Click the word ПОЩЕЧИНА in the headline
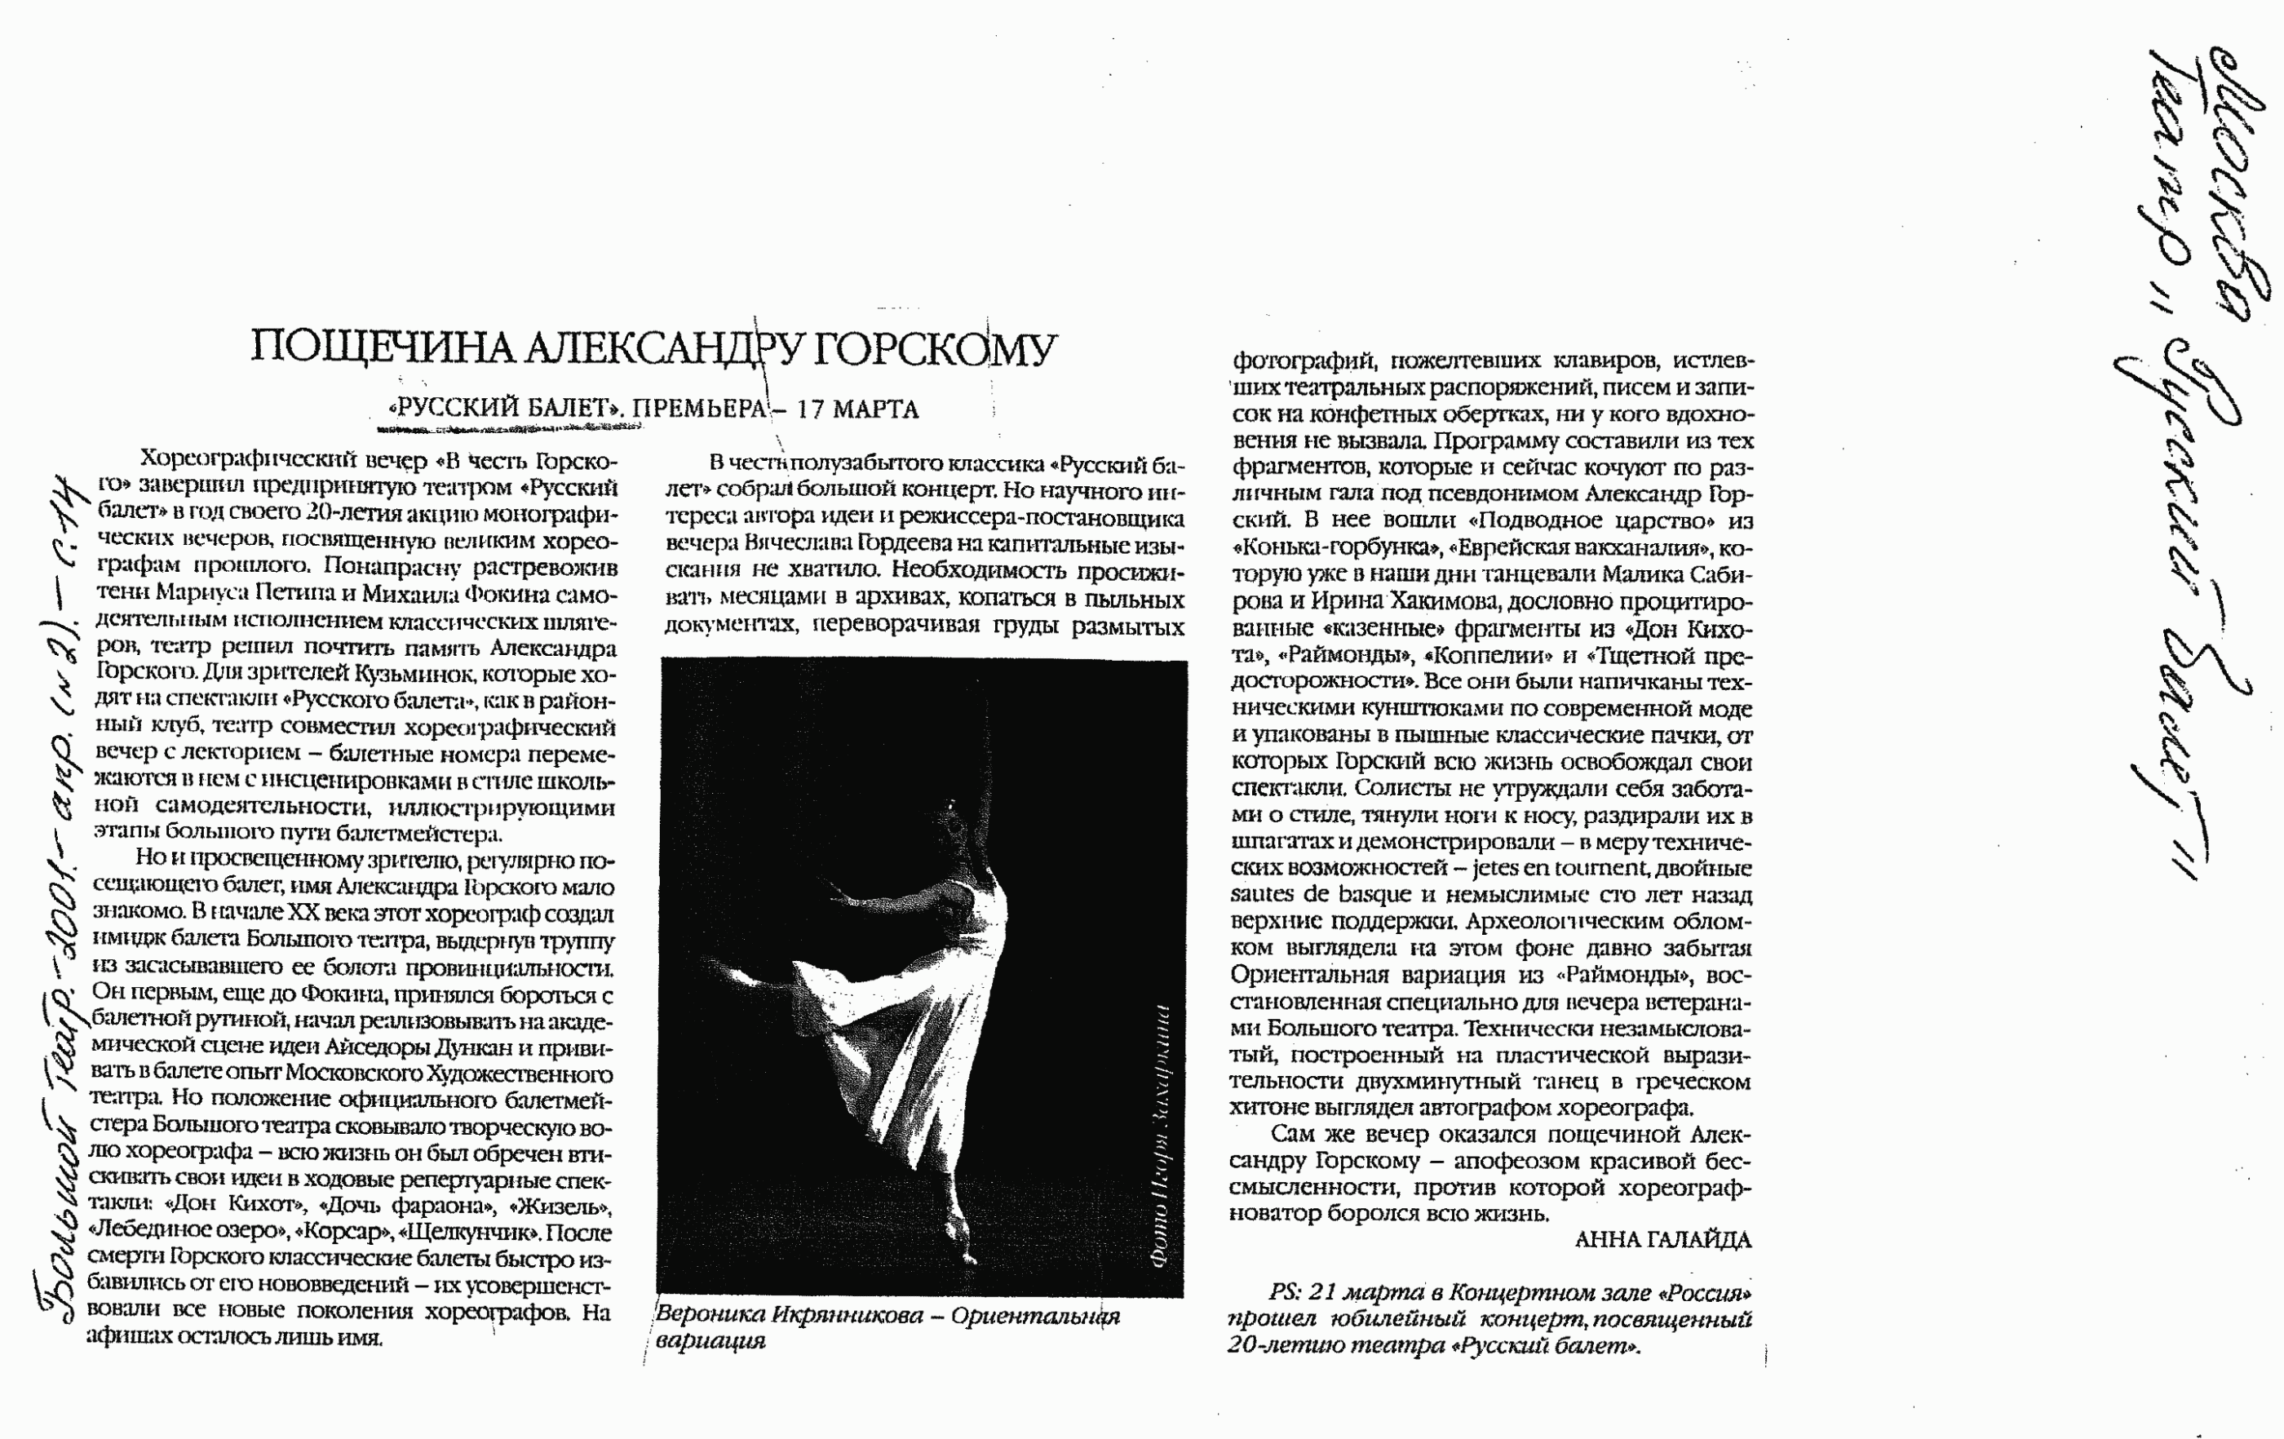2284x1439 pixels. click(x=383, y=348)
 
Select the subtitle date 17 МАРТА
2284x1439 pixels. click(x=857, y=410)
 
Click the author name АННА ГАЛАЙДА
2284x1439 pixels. click(x=1662, y=1240)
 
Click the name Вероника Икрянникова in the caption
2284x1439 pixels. click(x=789, y=1316)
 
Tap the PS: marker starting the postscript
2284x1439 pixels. click(x=1284, y=1292)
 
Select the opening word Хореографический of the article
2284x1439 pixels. click(x=245, y=460)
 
